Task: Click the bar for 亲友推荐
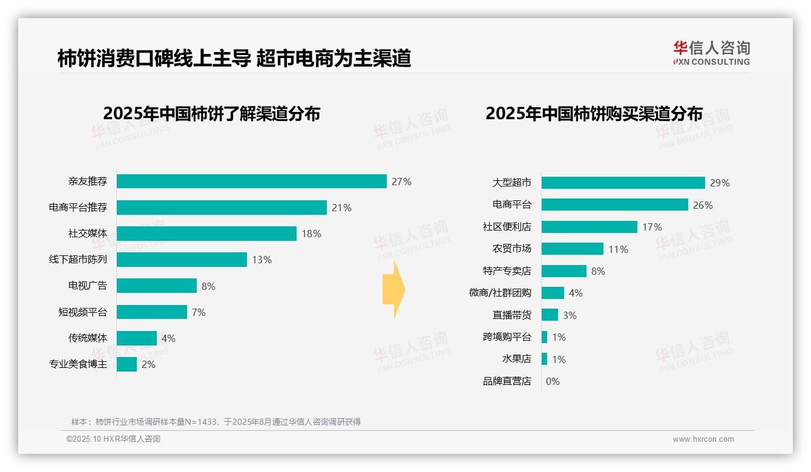(251, 182)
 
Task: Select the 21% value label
(341, 208)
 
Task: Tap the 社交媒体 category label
(88, 234)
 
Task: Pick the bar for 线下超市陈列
(182, 260)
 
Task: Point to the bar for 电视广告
(156, 286)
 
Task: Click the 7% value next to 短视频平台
(199, 312)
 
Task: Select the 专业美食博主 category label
(78, 364)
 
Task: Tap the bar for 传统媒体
(136, 338)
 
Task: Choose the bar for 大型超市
(623, 183)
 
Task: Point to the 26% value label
(703, 205)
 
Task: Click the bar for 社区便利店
(589, 227)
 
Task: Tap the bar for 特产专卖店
(563, 271)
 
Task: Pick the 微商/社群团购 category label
(500, 293)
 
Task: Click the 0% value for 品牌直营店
(553, 381)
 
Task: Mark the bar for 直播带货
(550, 315)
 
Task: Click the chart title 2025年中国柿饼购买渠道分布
(594, 114)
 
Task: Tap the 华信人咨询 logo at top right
(711, 53)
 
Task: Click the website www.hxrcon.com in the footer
(703, 439)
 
